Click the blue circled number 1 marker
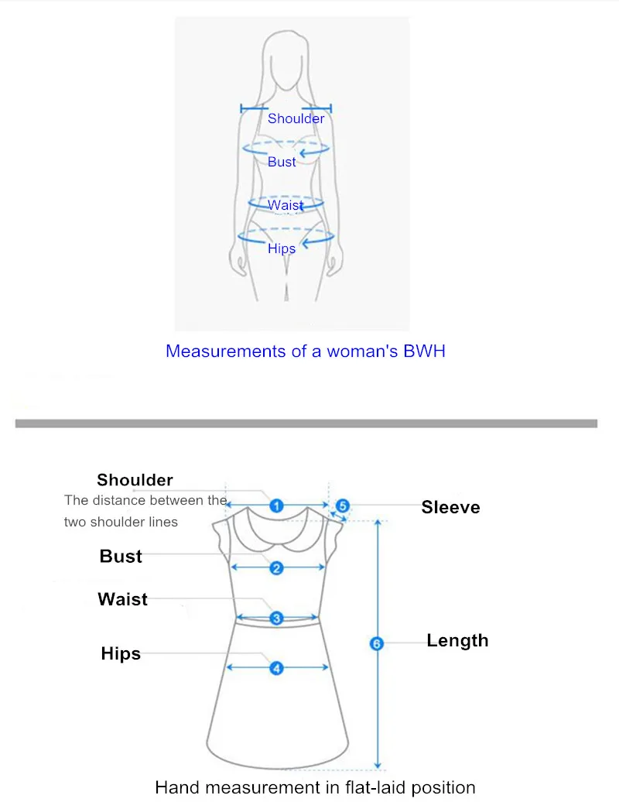[276, 506]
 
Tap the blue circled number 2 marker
[276, 568]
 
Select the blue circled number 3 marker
[276, 619]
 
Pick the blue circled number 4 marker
[276, 668]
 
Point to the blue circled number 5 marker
[343, 506]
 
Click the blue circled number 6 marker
[377, 643]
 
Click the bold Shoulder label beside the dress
[135, 480]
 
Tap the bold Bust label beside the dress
[121, 556]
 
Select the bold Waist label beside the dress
[123, 599]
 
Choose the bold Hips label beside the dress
[121, 653]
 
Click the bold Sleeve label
[451, 507]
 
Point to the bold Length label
[457, 641]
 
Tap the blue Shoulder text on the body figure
[296, 118]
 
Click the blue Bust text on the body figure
[282, 162]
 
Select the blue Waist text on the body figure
[286, 205]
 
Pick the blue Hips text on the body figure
[282, 248]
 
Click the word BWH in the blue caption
[424, 351]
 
